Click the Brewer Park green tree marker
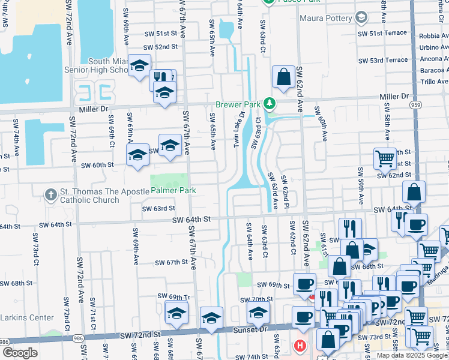pyautogui.click(x=270, y=104)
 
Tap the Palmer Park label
pyautogui.click(x=173, y=190)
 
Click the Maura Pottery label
pyautogui.click(x=325, y=18)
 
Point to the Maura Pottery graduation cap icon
pyautogui.click(x=361, y=18)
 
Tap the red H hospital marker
pyautogui.click(x=300, y=346)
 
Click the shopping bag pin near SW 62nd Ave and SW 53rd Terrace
pyautogui.click(x=283, y=76)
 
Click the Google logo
pyautogui.click(x=20, y=353)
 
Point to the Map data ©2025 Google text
pyautogui.click(x=412, y=355)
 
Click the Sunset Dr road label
pyautogui.click(x=254, y=329)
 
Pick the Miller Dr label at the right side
pyautogui.click(x=393, y=96)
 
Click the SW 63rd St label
pyautogui.click(x=158, y=208)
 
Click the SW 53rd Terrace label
pyautogui.click(x=383, y=60)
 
